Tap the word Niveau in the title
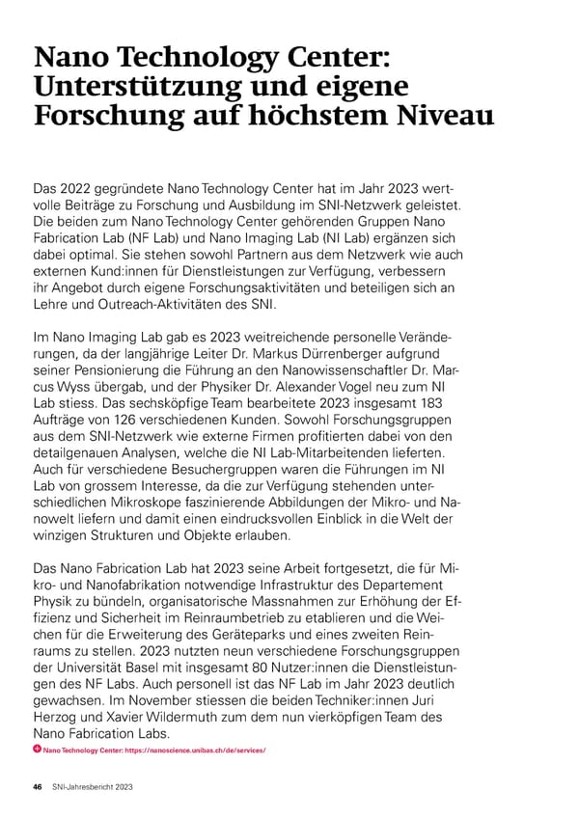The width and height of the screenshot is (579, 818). (437, 120)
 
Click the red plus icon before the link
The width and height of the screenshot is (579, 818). (37, 750)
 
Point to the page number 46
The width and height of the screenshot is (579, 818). (38, 787)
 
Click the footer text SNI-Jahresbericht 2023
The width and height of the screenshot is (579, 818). (93, 787)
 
